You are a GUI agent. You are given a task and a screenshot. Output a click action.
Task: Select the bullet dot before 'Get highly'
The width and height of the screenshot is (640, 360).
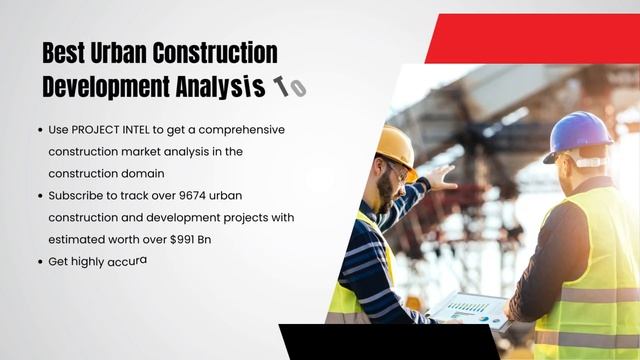pos(41,261)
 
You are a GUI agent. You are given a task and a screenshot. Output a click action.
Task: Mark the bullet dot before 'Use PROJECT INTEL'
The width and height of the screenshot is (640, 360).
pos(41,130)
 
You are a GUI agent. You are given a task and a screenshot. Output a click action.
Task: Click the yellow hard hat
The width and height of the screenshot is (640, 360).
pos(397,148)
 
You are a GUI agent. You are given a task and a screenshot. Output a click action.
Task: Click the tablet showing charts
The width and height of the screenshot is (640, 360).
pos(469,309)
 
